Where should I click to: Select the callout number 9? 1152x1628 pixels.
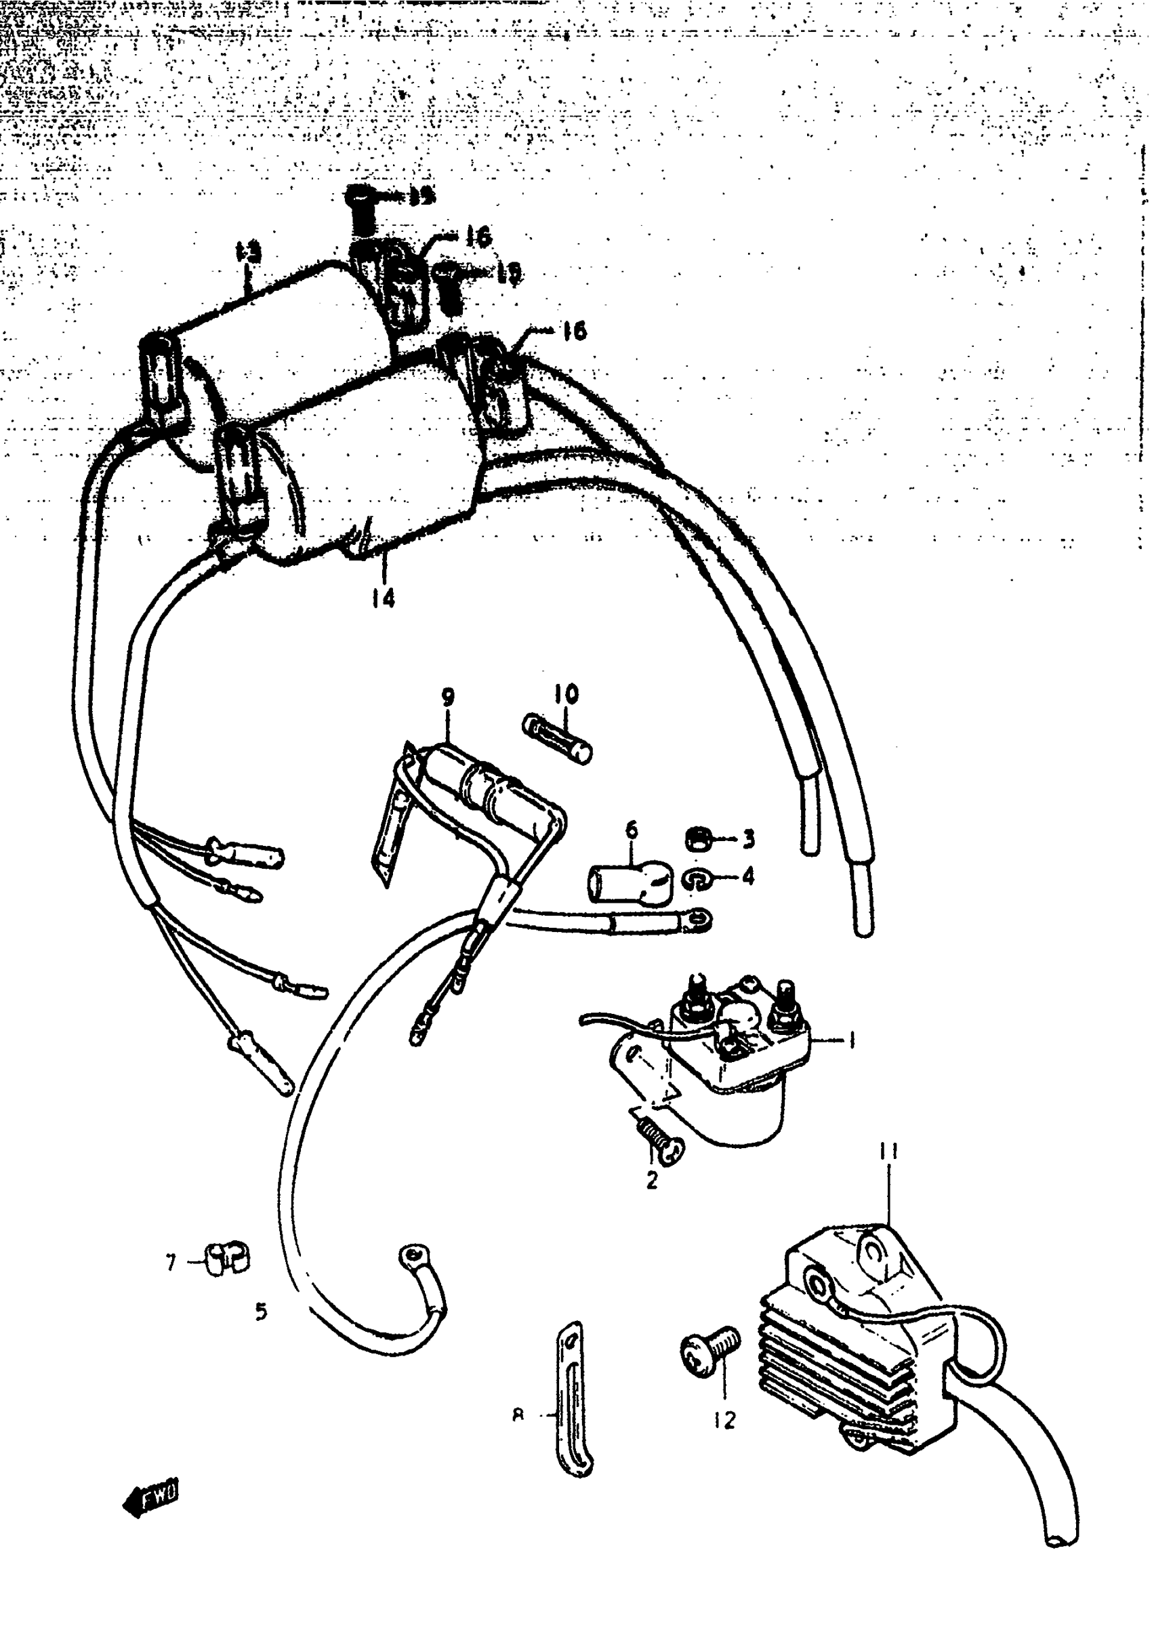448,697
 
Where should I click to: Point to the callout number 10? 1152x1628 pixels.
566,694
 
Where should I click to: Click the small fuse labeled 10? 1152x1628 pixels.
557,739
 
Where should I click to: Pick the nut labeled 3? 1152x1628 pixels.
699,840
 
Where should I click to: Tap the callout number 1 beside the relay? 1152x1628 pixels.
851,1040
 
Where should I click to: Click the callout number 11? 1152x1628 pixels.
889,1151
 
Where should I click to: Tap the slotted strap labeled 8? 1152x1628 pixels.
574,1400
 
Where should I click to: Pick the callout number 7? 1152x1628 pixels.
170,1263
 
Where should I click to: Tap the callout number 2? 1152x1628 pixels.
651,1180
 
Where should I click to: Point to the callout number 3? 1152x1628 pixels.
748,840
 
